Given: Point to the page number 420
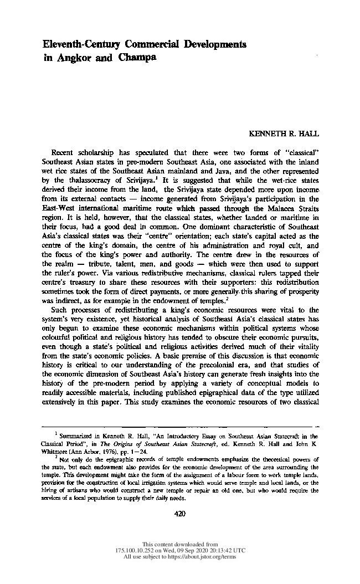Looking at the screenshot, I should coord(179,514).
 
